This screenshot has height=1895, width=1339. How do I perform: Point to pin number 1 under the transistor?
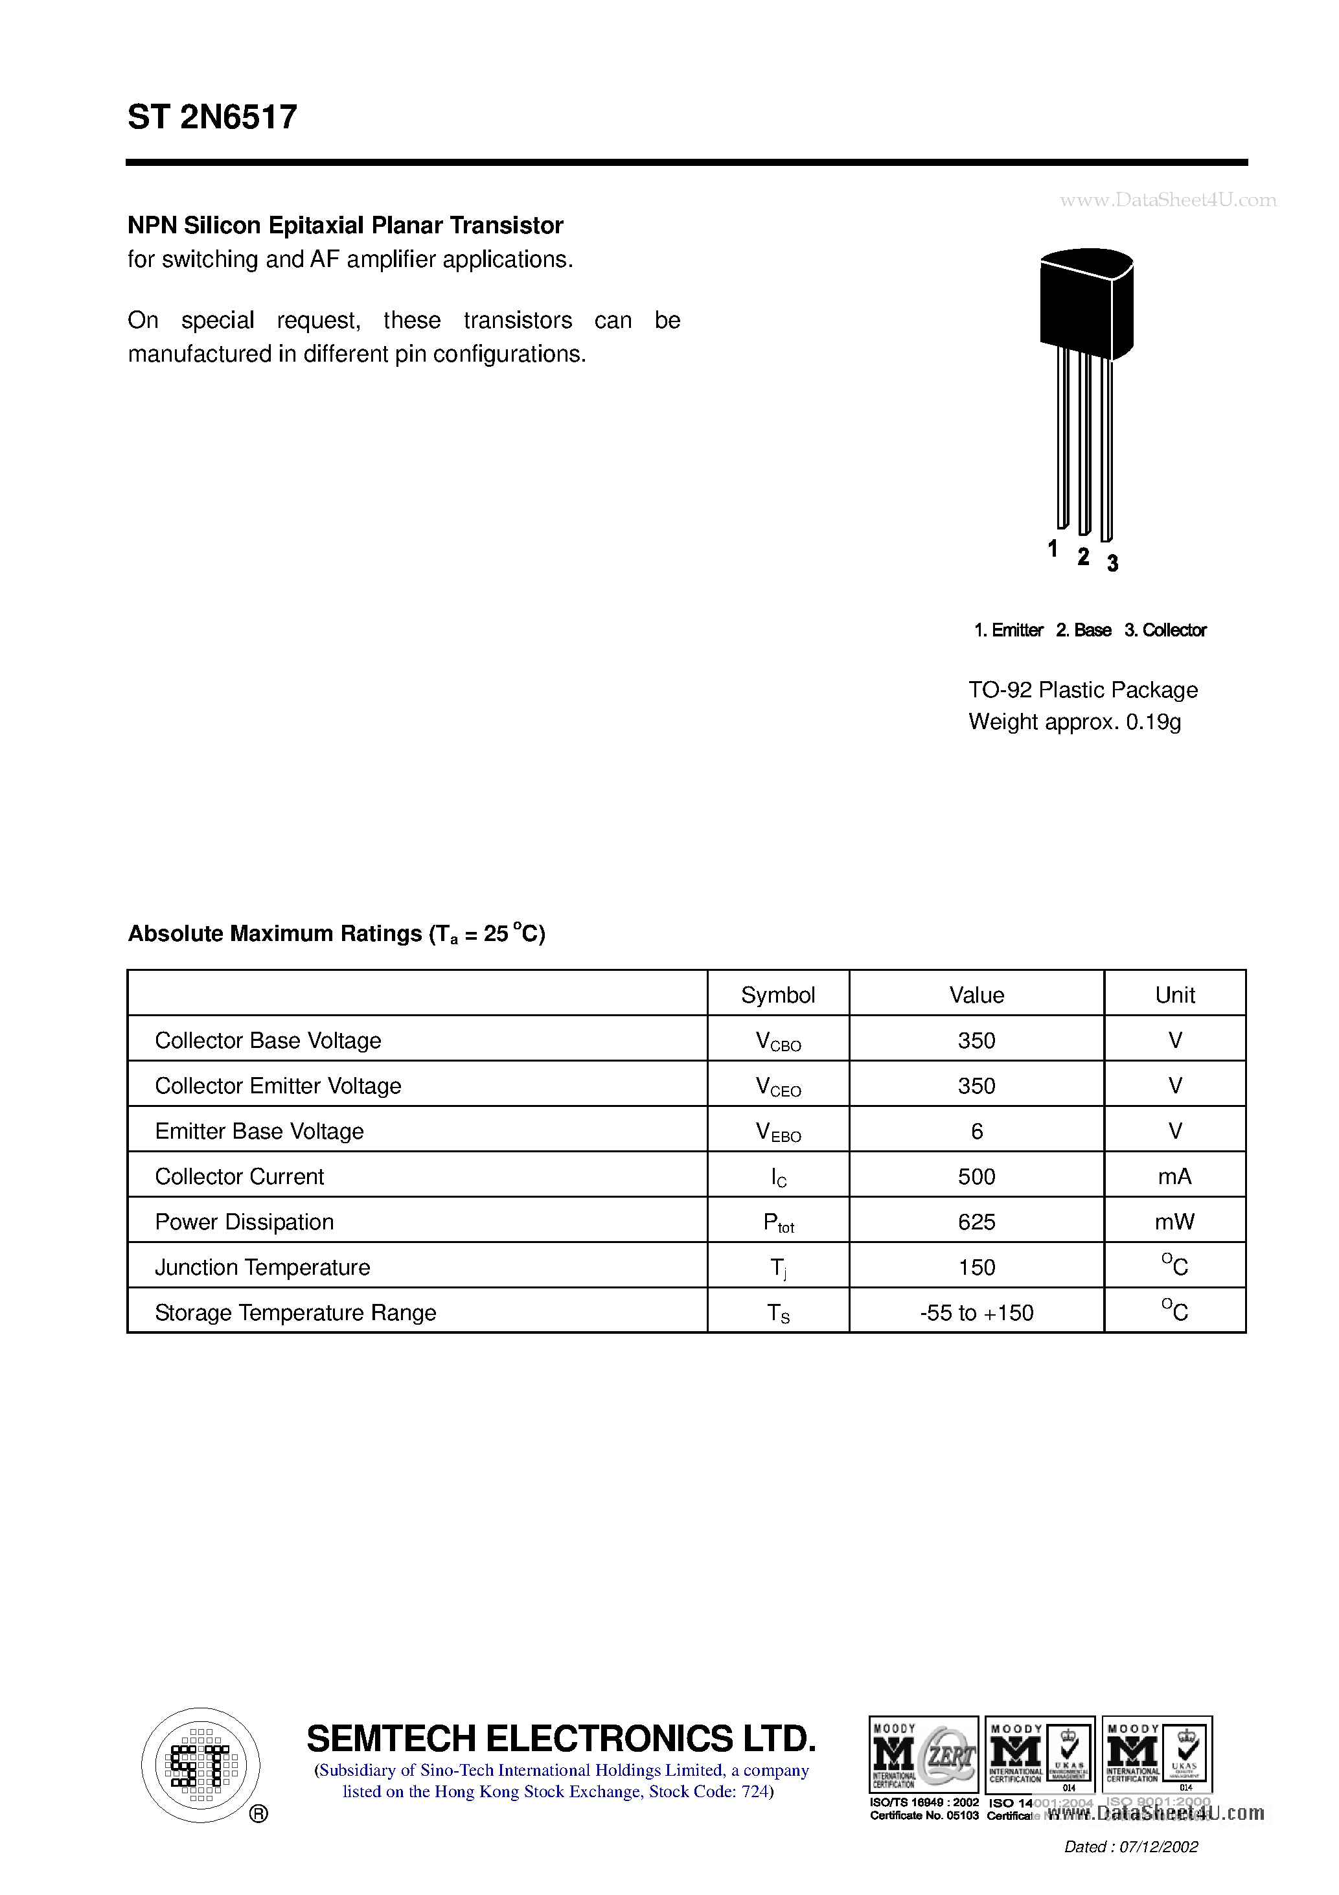[x=1053, y=548]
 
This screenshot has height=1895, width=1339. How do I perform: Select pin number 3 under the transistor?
[x=1112, y=563]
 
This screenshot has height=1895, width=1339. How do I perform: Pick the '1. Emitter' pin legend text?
[x=1008, y=631]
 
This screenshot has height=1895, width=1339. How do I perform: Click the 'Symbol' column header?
[x=777, y=995]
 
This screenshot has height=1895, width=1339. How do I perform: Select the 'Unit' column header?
[x=1175, y=995]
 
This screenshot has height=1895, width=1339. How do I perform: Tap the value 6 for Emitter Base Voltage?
[x=976, y=1131]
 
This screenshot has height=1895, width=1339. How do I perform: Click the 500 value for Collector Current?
[x=976, y=1176]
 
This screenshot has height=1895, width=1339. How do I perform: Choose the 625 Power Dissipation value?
[x=976, y=1222]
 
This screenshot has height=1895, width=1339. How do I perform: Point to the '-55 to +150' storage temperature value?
[x=976, y=1312]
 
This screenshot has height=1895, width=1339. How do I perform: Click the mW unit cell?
[x=1175, y=1222]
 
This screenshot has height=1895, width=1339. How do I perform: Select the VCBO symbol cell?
[x=777, y=1041]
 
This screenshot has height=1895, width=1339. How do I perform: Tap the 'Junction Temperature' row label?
[x=262, y=1267]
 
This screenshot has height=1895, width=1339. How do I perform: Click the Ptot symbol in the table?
[x=777, y=1223]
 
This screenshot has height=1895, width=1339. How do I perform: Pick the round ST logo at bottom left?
[x=200, y=1765]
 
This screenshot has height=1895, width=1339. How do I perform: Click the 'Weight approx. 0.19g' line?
[x=1074, y=722]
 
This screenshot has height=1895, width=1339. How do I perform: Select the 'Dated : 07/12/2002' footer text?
[x=1130, y=1847]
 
